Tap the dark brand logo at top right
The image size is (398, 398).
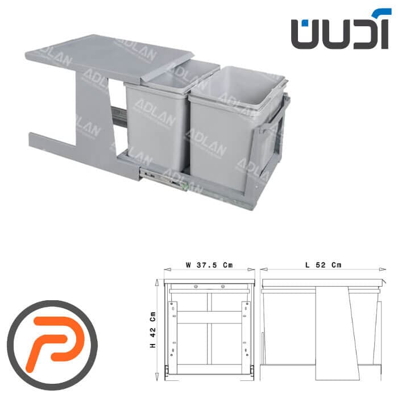coord(339,28)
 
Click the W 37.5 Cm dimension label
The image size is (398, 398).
coord(209,265)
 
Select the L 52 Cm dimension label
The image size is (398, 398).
coord(324,265)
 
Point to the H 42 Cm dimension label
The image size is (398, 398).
coord(153,330)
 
